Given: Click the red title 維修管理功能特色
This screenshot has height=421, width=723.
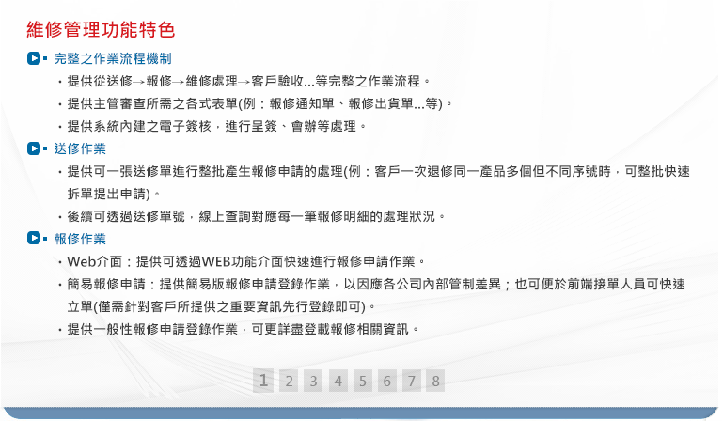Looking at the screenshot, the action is coord(101,30).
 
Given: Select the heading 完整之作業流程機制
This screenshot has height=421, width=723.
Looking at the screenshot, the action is coord(113,58).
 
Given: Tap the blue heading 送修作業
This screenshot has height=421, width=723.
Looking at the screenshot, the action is coord(80,148).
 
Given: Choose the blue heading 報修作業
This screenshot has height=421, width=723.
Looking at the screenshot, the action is coord(80,239).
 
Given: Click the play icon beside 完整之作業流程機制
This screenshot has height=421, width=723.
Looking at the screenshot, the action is coord(34,58).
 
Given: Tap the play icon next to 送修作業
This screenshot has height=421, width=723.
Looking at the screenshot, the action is coord(34,148).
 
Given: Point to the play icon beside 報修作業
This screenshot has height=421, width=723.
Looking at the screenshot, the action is coord(34,238).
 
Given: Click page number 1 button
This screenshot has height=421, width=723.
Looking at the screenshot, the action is coord(263,381).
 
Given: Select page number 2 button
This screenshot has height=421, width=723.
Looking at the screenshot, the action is coord(289,381).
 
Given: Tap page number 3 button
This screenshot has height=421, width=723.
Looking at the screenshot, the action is coord(313,381).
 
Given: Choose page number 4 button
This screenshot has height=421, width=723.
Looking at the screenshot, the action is coord(338,381).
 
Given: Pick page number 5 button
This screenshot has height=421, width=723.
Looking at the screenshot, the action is coord(362,381).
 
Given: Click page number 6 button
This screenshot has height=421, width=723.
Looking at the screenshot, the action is coord(386,381).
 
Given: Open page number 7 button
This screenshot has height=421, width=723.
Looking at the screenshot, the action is coord(411,381).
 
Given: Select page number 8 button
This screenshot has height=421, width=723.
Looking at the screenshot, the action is coord(435,381).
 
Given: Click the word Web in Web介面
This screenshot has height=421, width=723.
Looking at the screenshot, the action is coord(81,261).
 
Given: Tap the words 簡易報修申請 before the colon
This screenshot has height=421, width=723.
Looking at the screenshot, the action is coord(106,284).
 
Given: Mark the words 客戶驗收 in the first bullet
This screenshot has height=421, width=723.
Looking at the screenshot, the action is coord(277,81).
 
